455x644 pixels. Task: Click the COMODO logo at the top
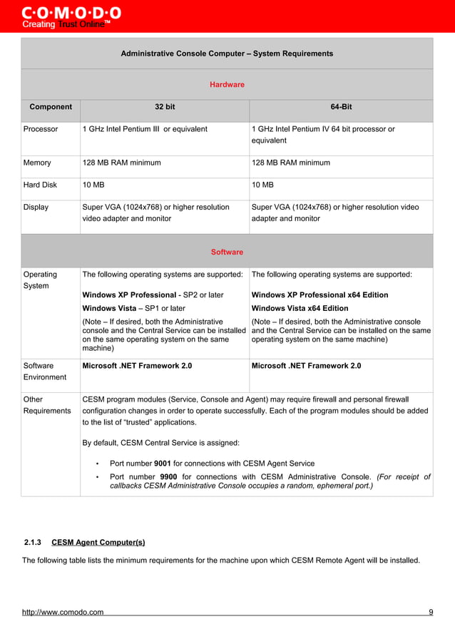(71, 14)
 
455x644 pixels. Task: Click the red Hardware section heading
(227, 85)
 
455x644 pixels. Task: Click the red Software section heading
(227, 252)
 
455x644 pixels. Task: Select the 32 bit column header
(165, 107)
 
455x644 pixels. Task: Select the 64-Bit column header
(341, 107)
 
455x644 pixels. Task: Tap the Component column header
(51, 107)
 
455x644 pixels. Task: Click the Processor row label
(41, 129)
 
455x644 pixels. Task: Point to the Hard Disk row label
(41, 185)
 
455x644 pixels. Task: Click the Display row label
(36, 207)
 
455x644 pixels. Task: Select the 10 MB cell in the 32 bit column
(93, 185)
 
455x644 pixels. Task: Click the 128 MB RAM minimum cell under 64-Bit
(291, 163)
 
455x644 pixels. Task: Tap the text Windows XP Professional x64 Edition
(320, 295)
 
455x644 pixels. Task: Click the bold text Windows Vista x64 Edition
(300, 308)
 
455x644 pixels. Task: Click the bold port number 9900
(168, 476)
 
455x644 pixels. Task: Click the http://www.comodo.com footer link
(63, 612)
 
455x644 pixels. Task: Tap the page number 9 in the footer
(431, 612)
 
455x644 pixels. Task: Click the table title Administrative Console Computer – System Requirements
(227, 53)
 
